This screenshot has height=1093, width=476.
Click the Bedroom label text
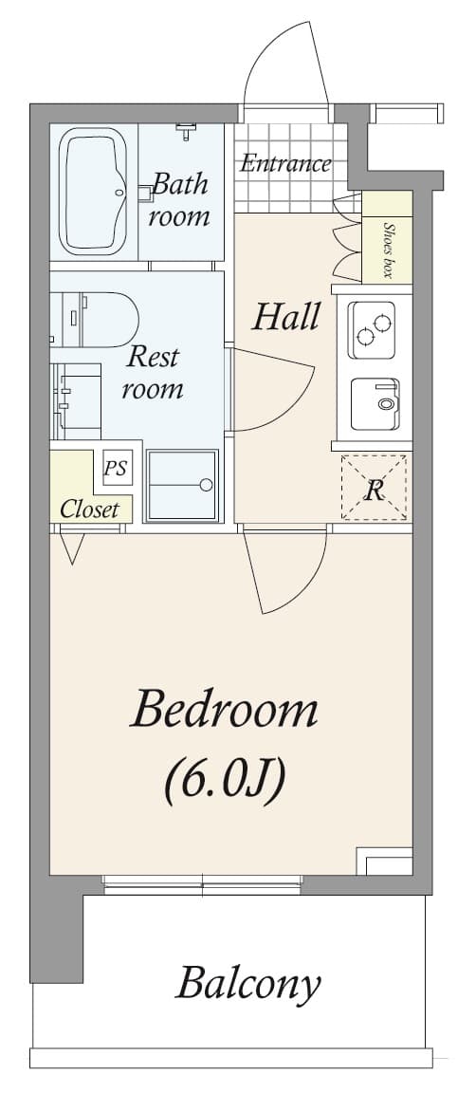pos(225,710)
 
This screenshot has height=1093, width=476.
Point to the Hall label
pos(285,317)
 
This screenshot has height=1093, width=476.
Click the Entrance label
pos(284,163)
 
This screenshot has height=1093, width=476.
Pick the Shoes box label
pos(388,249)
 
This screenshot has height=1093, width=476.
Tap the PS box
pos(115,469)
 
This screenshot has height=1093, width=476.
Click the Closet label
pos(89,509)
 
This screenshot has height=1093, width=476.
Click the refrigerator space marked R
pos(375,489)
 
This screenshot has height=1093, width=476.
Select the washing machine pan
pos(182,485)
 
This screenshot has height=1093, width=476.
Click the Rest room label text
pos(153,373)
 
